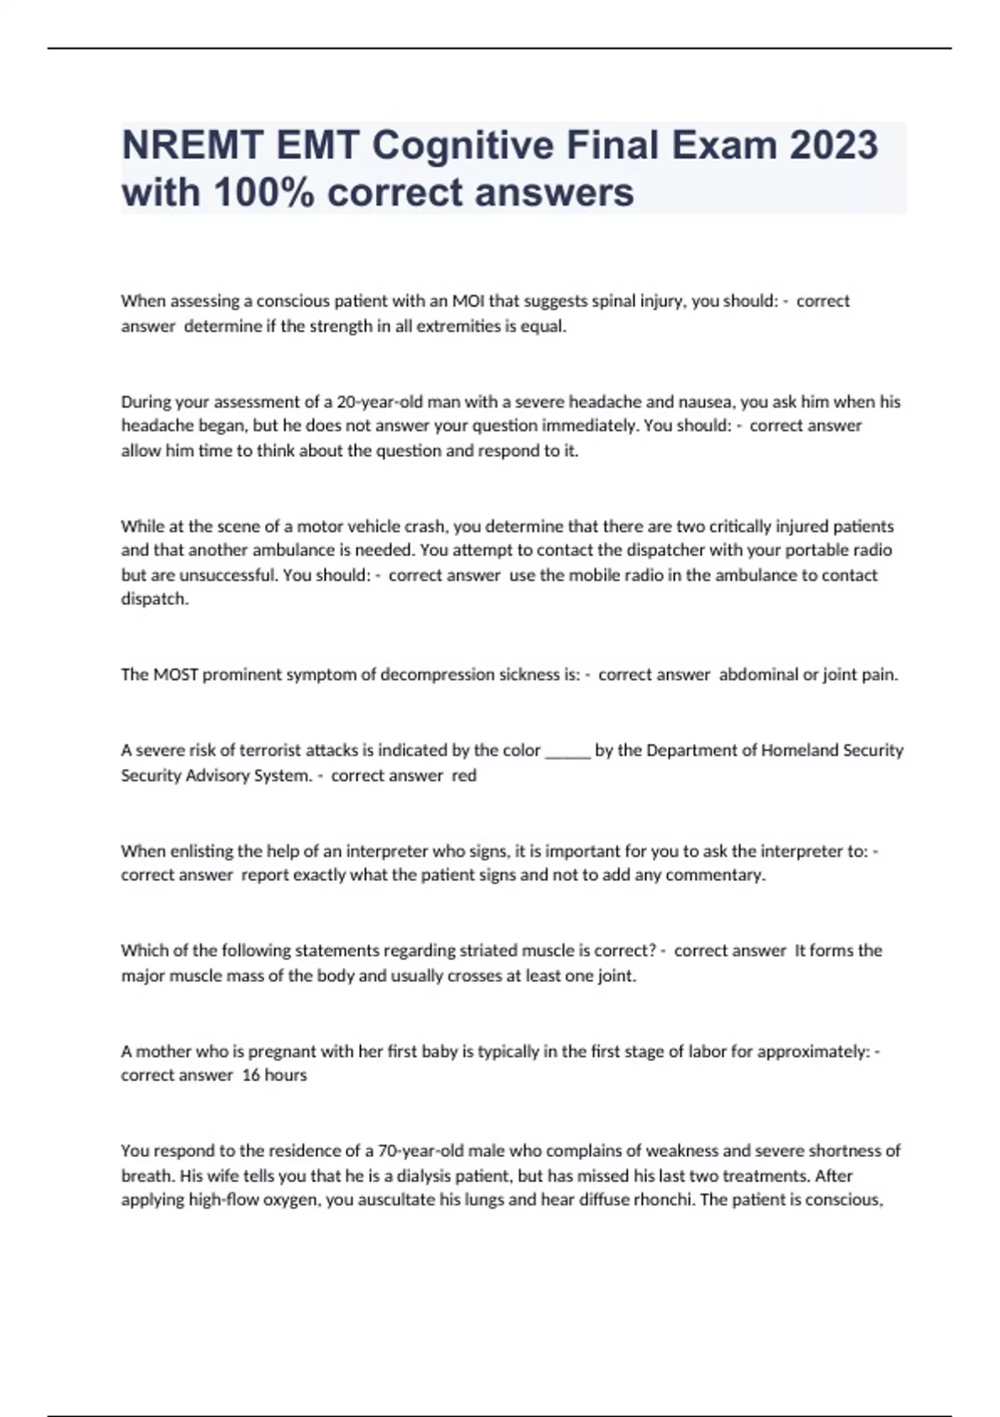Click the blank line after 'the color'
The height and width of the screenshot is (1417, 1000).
[x=567, y=751]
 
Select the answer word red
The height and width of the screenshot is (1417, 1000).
[x=464, y=776]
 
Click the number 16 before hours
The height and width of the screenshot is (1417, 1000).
[x=251, y=1075]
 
